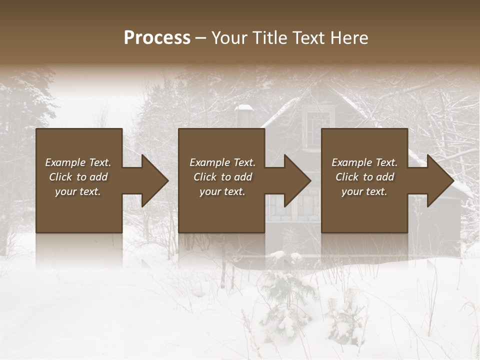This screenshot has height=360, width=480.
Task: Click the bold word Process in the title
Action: [x=157, y=38]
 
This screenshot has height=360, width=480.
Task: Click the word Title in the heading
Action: [x=265, y=38]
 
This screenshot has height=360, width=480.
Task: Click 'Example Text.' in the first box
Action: [x=78, y=162]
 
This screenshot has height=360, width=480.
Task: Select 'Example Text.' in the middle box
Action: [x=222, y=162]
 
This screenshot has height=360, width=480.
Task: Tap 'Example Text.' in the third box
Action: [x=364, y=162]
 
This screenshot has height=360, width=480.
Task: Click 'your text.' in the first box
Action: [x=78, y=191]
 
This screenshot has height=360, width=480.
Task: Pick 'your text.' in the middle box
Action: [x=222, y=191]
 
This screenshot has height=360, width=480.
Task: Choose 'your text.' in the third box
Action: [x=364, y=191]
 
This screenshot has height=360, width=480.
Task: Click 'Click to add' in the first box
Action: [x=78, y=177]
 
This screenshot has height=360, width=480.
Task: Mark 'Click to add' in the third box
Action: [x=364, y=177]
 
